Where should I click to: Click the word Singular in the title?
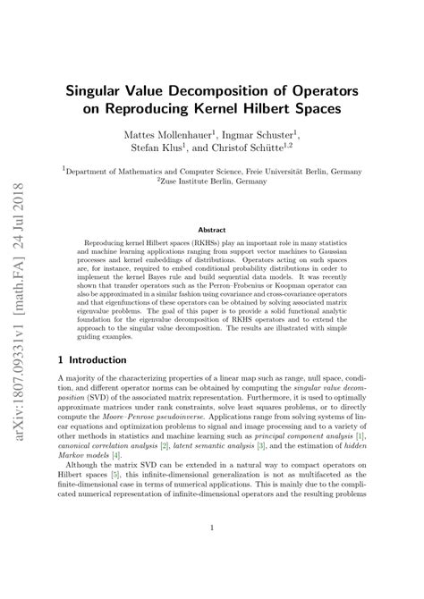click(x=103, y=90)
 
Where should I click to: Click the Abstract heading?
click(x=211, y=229)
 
